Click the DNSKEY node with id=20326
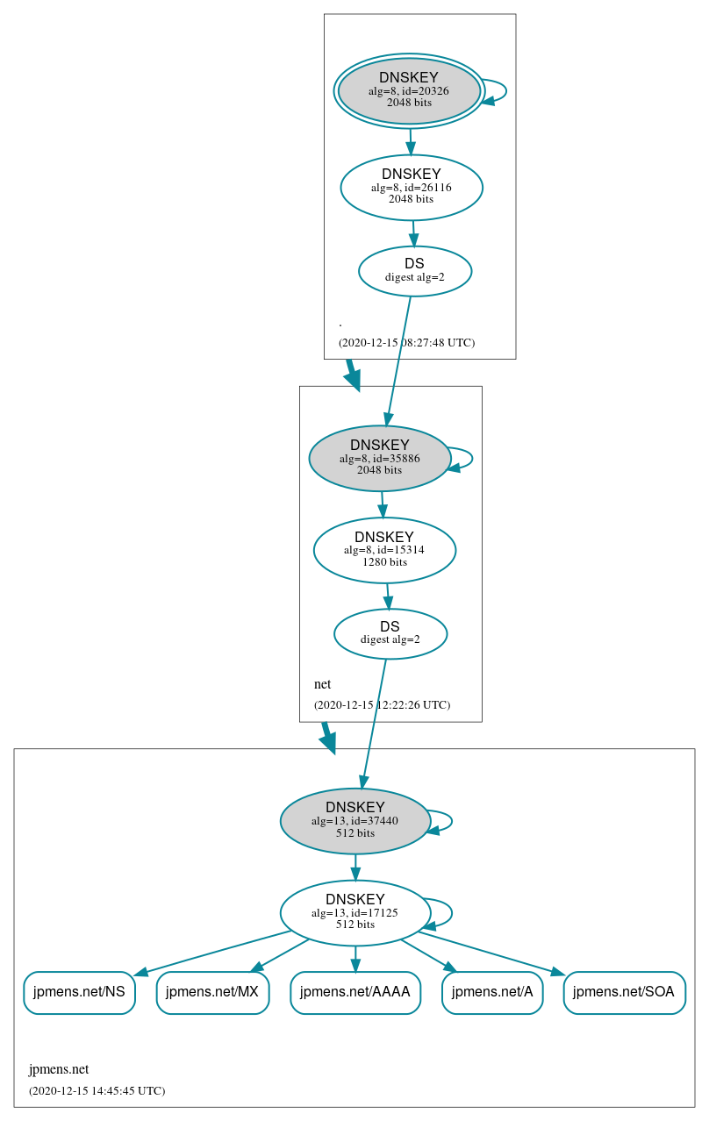point(409,90)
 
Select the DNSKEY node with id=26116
point(412,187)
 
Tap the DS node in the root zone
point(415,271)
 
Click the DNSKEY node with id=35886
point(380,458)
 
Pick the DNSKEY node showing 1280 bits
point(384,550)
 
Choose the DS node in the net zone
point(390,633)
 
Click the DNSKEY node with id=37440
point(355,821)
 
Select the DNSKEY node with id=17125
point(355,912)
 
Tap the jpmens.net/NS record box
point(79,992)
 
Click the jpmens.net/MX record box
point(212,992)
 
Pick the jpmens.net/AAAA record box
point(355,992)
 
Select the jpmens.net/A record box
point(492,992)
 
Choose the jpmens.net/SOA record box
point(624,992)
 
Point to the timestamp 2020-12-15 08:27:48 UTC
point(406,343)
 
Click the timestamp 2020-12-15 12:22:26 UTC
point(382,705)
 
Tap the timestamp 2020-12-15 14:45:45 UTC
point(97,1091)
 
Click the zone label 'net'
point(322,684)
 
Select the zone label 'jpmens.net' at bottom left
point(59,1069)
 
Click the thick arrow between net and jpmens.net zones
point(327,737)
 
